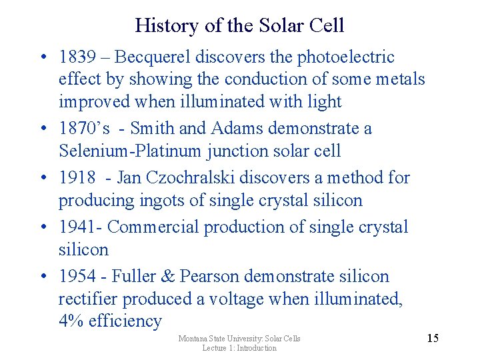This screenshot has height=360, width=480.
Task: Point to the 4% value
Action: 71,321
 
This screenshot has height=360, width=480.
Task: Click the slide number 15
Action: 432,338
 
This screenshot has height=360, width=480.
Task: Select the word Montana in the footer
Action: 195,339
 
